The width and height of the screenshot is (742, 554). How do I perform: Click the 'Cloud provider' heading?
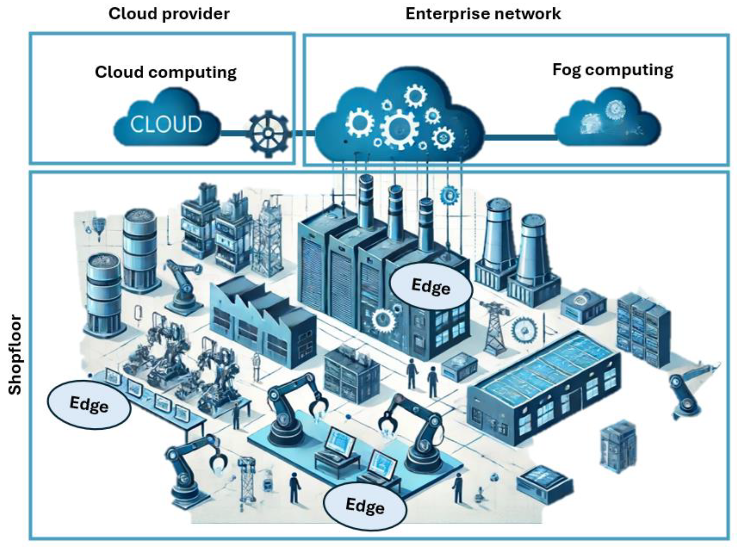coord(169,14)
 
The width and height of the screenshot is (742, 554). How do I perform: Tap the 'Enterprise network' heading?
coord(483,14)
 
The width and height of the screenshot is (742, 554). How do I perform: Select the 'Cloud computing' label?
coord(165,72)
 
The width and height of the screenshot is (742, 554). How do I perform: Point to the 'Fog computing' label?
coord(612,70)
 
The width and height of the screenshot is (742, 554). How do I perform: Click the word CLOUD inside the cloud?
coord(166,124)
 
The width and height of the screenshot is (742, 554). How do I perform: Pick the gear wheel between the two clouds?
coord(269,133)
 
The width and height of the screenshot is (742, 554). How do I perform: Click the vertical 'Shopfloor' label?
coord(16,354)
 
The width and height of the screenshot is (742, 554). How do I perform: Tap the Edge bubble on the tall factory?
coord(431,286)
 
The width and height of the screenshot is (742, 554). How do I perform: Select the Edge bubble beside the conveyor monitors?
coord(89,405)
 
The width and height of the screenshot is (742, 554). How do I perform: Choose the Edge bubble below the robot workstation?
coord(365,506)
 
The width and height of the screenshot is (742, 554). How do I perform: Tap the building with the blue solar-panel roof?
coord(543,384)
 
